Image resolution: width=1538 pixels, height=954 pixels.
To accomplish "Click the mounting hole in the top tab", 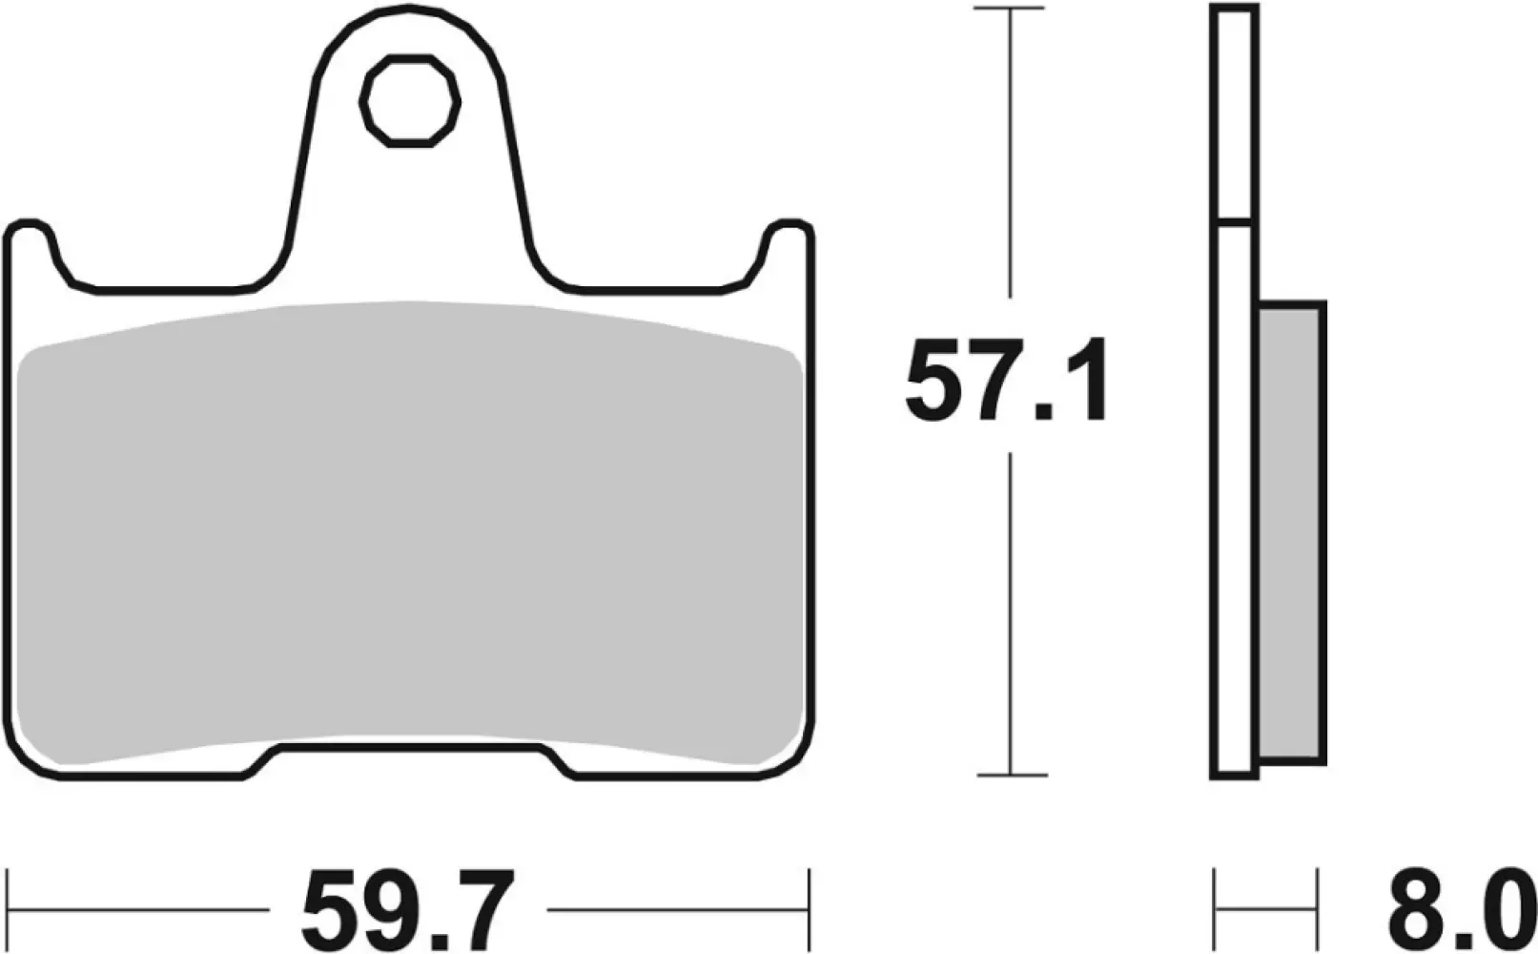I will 411,100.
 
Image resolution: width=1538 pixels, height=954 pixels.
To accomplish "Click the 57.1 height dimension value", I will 1007,382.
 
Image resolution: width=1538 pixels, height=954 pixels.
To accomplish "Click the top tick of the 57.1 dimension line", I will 1009,9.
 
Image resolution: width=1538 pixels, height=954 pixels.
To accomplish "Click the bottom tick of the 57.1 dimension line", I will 1009,774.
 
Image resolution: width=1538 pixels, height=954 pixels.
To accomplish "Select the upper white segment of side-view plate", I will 1235,114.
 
